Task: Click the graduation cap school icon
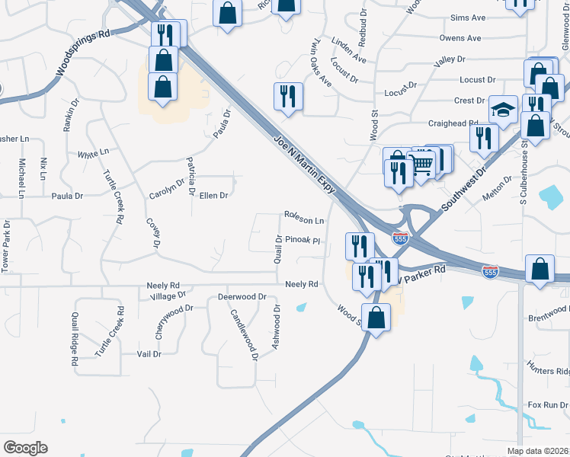coord(503,110)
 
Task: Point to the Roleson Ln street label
coord(304,219)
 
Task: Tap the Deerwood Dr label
coord(242,296)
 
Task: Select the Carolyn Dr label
coord(166,187)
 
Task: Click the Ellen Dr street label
coord(213,196)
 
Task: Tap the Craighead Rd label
coord(453,123)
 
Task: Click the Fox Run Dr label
coord(548,404)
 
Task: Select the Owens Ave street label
coord(460,38)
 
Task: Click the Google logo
coord(25,448)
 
